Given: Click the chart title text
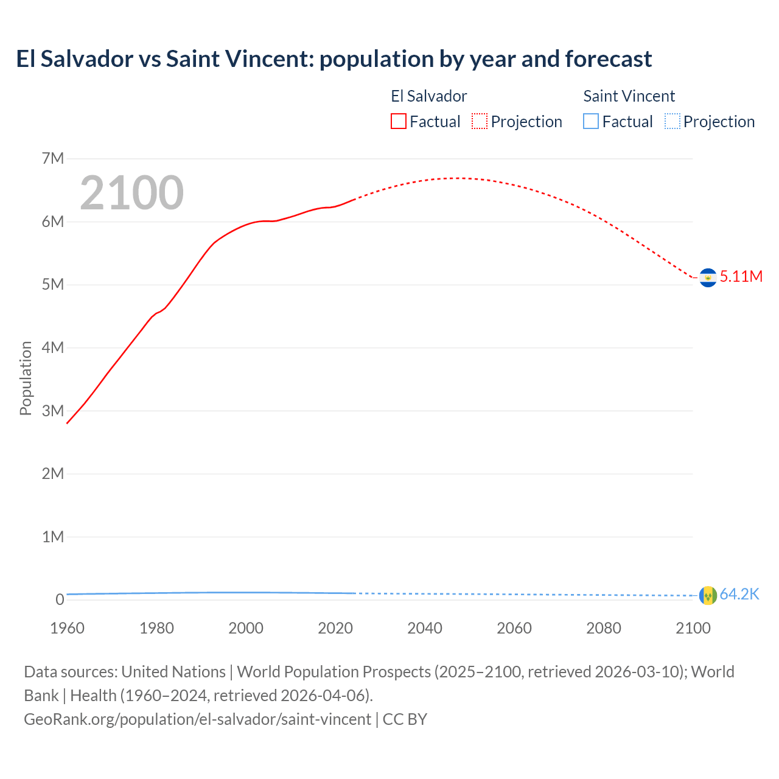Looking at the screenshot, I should pyautogui.click(x=334, y=59).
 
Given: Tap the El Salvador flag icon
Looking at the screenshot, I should pyautogui.click(x=708, y=278).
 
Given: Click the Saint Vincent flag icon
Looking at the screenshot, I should pyautogui.click(x=708, y=595).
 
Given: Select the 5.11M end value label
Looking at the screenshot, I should pyautogui.click(x=741, y=276).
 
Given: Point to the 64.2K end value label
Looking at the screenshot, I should pyautogui.click(x=739, y=595).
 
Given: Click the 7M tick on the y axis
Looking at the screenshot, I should pyautogui.click(x=53, y=159).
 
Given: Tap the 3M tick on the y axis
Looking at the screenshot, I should pyautogui.click(x=53, y=411).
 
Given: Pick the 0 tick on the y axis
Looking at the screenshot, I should pyautogui.click(x=60, y=600).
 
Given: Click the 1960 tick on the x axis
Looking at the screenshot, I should pyautogui.click(x=67, y=628).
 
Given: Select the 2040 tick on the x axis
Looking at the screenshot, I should pyautogui.click(x=425, y=628).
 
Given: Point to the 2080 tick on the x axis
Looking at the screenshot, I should pyautogui.click(x=604, y=628).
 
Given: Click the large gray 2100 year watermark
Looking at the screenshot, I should pyautogui.click(x=131, y=193).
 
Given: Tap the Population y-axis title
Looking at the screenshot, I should pyautogui.click(x=26, y=378).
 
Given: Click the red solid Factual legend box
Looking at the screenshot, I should pyautogui.click(x=399, y=122).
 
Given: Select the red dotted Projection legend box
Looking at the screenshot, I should pyautogui.click(x=480, y=122).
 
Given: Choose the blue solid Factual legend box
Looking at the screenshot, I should pyautogui.click(x=591, y=122).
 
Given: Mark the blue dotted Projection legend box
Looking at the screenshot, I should pyautogui.click(x=672, y=122).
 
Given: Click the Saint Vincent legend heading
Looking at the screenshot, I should pyautogui.click(x=629, y=96).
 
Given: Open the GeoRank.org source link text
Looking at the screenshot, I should pyautogui.click(x=197, y=719).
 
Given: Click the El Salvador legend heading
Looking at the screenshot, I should pyautogui.click(x=428, y=96).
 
